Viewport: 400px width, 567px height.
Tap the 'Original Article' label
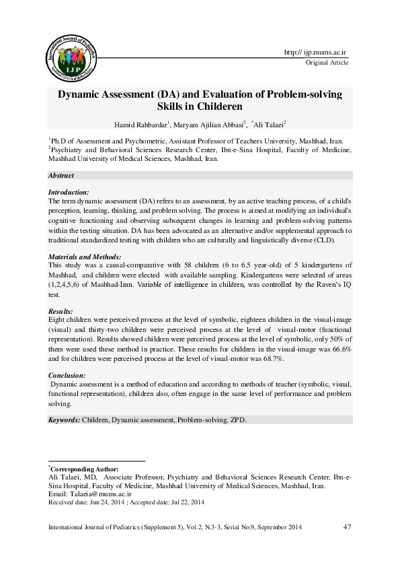point(327,63)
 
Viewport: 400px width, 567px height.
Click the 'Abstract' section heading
point(61,175)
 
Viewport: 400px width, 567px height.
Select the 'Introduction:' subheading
point(69,193)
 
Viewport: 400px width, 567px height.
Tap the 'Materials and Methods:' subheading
point(85,258)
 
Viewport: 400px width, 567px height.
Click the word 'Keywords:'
point(64,420)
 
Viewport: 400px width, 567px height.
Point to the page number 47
point(348,526)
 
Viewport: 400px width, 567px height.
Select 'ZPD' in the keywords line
point(239,420)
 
